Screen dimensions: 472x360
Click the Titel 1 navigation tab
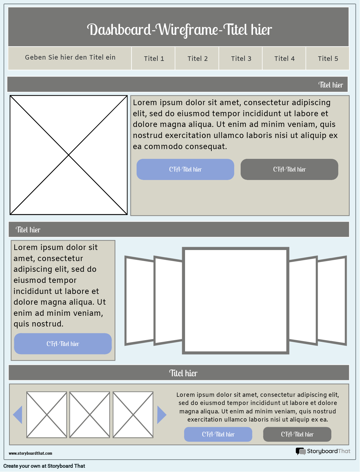click(153, 59)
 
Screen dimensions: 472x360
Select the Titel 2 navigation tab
click(197, 59)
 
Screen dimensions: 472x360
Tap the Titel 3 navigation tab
click(241, 59)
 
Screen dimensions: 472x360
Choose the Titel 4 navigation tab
click(284, 59)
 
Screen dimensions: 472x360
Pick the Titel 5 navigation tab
click(327, 59)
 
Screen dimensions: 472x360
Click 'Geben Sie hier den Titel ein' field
click(70, 58)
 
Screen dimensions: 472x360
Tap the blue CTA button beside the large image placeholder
click(185, 169)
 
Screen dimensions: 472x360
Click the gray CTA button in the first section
click(289, 169)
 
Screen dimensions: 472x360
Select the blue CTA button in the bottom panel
click(218, 434)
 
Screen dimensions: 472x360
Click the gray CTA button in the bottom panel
click(297, 434)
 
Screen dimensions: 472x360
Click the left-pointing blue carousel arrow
click(18, 415)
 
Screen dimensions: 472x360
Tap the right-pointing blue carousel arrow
click(161, 415)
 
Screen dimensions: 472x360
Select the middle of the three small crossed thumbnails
click(90, 415)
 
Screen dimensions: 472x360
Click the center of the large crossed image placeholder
click(69, 155)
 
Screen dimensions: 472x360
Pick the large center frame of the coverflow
click(235, 300)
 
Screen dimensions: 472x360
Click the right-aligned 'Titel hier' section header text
click(330, 85)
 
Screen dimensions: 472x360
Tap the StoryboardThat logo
click(323, 451)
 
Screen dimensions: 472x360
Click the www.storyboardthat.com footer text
click(30, 453)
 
